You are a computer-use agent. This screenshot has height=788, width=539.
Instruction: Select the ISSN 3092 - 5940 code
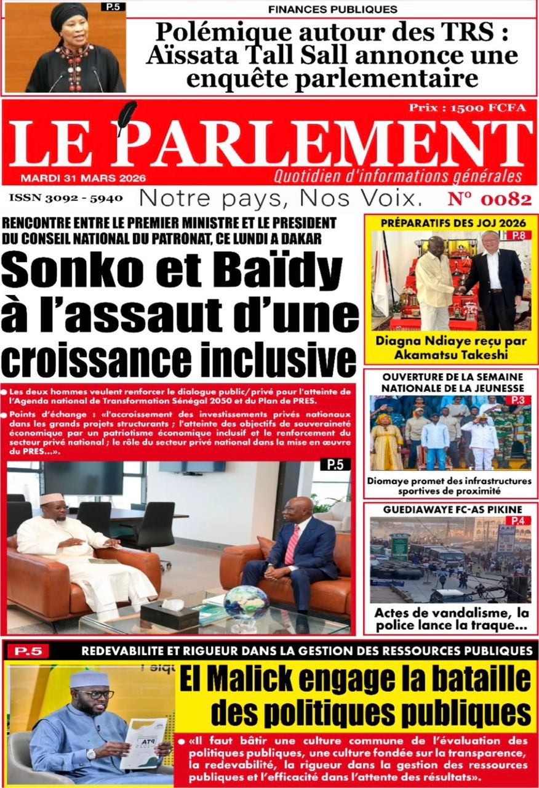[x=66, y=198]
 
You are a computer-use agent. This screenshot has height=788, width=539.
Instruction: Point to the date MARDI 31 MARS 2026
[x=83, y=178]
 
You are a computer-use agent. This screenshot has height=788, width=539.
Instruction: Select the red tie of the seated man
[x=292, y=545]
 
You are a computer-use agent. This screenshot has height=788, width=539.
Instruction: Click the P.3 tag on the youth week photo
[x=519, y=401]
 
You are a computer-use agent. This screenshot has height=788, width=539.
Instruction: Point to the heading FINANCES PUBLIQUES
[x=333, y=9]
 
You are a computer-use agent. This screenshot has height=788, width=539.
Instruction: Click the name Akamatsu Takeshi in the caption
[x=452, y=354]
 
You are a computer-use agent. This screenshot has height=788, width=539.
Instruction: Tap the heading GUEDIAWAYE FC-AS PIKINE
[x=452, y=510]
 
